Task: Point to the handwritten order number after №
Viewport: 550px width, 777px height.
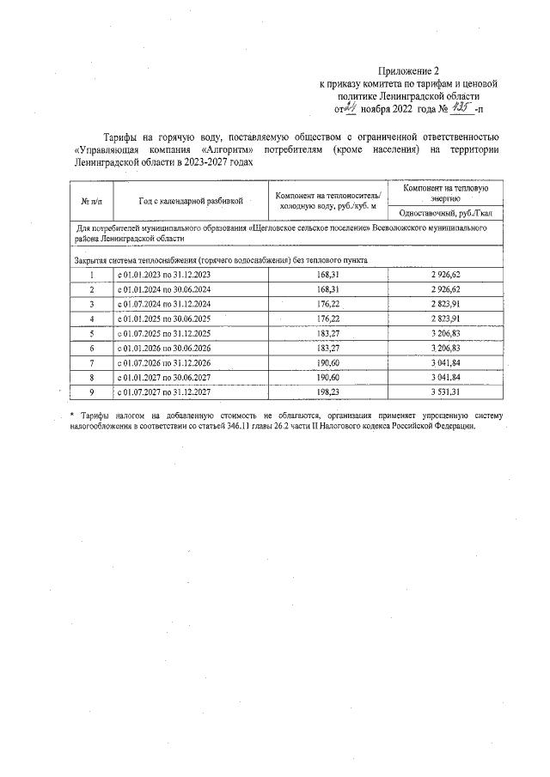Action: coord(461,109)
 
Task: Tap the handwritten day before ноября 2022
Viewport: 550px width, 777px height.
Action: coord(353,109)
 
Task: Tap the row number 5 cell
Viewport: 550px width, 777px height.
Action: coord(90,333)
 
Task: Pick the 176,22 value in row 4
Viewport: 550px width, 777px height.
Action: coord(328,319)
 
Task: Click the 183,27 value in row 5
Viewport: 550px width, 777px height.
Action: coord(328,333)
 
